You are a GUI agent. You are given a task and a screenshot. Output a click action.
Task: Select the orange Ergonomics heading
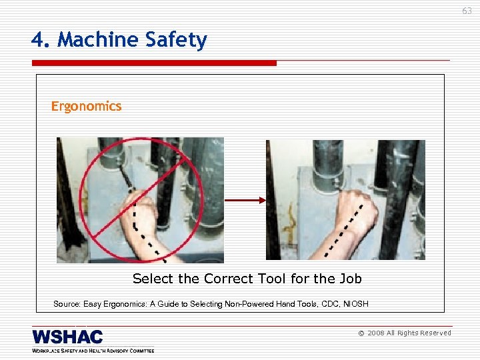coord(87,106)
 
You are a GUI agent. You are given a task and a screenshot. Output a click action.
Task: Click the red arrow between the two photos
coord(245,199)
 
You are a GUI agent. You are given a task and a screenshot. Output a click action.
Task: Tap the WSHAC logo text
coord(67,337)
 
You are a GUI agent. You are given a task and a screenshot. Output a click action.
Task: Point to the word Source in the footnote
coord(67,304)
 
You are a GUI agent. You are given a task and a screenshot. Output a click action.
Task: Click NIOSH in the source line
coord(355,304)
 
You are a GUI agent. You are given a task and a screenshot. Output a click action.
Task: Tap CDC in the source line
coord(327,304)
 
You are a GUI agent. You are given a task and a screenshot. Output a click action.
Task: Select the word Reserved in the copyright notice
coord(434,333)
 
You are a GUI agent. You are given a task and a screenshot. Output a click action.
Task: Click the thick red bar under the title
coord(154,63)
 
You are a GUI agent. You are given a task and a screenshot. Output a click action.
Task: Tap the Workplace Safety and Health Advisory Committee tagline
coord(93,350)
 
